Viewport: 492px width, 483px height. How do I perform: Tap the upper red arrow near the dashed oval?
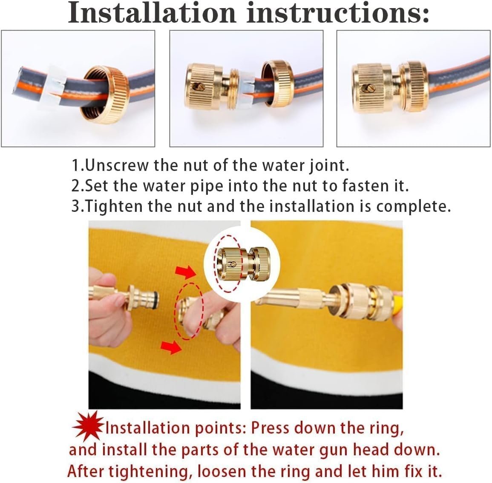pos(186,272)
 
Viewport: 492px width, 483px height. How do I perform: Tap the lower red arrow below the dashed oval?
pos(171,347)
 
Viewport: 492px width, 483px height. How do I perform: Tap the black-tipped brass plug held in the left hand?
pos(141,297)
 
